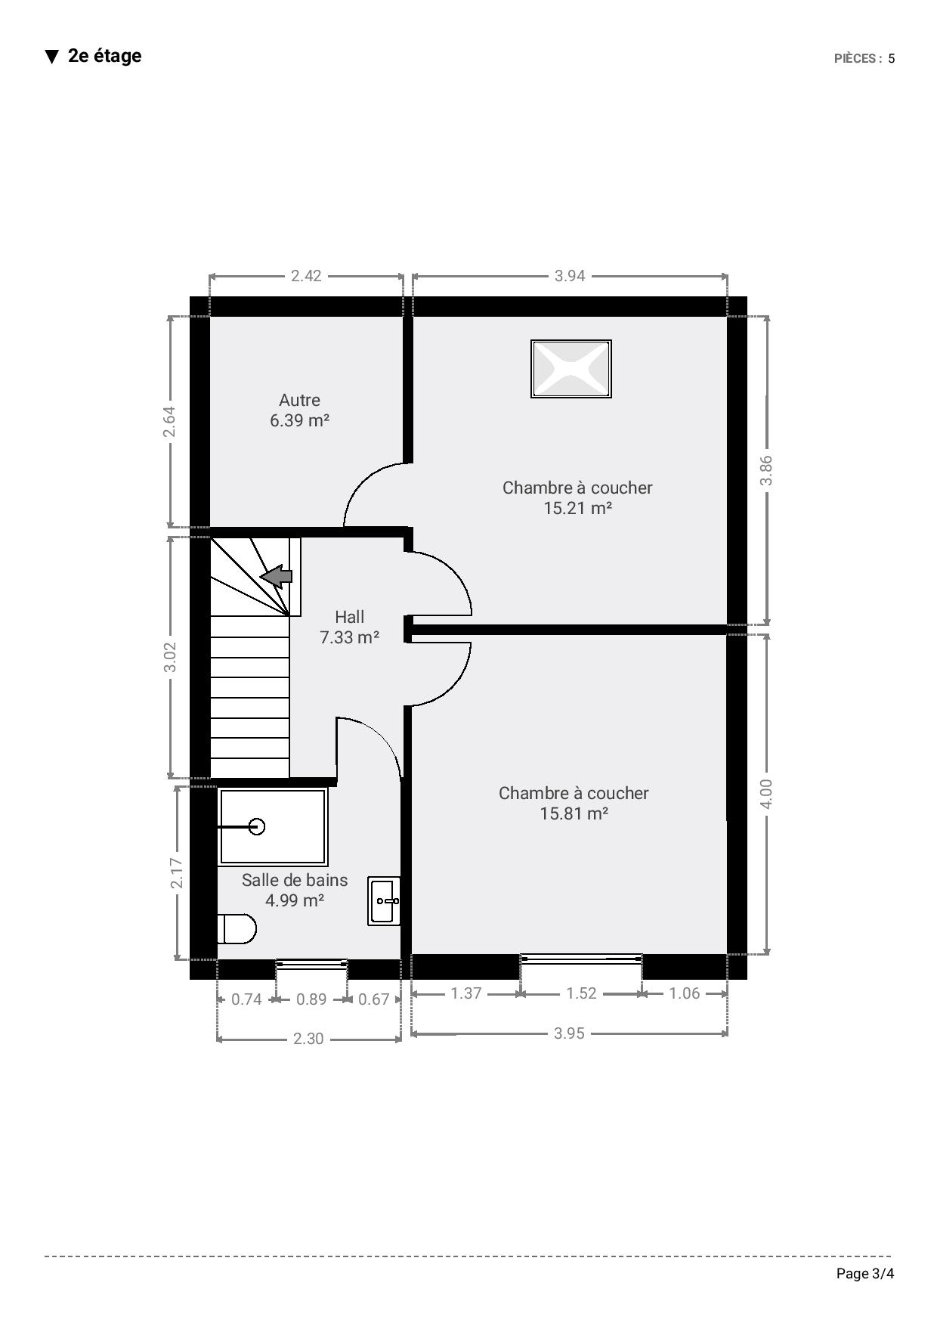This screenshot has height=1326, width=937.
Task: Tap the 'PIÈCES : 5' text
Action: point(864,59)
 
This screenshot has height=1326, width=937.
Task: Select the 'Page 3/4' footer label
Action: point(865,1274)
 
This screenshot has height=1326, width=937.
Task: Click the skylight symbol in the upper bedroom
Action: point(571,369)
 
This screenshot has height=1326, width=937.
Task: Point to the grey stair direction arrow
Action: point(277,577)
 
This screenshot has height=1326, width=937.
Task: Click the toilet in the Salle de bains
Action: point(237,929)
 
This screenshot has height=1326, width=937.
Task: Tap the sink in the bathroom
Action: point(385,900)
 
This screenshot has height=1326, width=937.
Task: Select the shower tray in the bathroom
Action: point(273,826)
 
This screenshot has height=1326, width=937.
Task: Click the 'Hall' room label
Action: point(349,617)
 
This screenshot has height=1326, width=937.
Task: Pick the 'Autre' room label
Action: point(300,401)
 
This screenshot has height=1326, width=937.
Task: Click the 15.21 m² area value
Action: point(577,508)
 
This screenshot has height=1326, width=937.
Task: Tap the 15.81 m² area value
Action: point(574,813)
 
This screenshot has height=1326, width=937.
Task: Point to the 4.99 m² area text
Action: point(295,900)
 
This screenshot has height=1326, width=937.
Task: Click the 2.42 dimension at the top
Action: point(306,276)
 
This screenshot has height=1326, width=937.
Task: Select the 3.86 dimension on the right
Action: point(766,470)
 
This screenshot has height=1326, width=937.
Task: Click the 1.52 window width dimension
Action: point(582,993)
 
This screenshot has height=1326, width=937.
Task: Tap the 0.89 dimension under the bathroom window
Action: point(311,999)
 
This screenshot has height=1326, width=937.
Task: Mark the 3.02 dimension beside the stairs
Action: point(170,657)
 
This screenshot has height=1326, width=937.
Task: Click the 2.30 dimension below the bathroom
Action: point(308,1039)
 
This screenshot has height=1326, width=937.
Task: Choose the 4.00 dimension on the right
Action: point(766,794)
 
